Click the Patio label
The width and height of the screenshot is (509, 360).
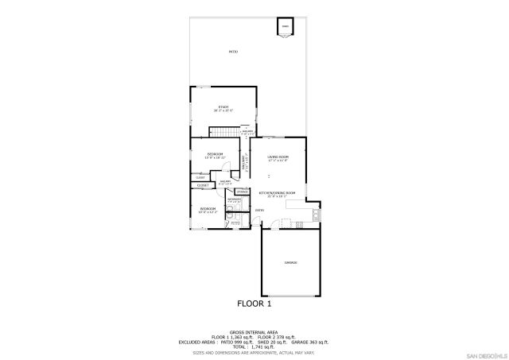[x=233, y=52]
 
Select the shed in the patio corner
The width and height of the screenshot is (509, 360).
[x=285, y=28]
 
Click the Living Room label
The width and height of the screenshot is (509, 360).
[x=278, y=157]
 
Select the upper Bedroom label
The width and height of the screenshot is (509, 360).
[x=215, y=154]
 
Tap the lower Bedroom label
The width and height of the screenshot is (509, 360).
[x=208, y=209]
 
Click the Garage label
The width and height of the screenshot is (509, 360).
[x=291, y=262]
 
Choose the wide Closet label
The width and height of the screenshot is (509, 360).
[x=202, y=185]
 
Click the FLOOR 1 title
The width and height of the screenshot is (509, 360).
[x=254, y=304]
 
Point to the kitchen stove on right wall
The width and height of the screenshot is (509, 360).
[x=316, y=214]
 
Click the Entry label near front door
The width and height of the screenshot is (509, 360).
[x=259, y=210]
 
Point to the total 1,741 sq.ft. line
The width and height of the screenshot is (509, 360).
[x=254, y=346]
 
